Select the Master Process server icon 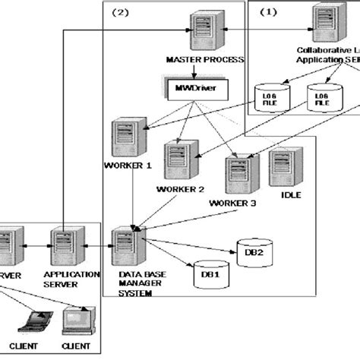point(201,30)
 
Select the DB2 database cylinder point(249,251)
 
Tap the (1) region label point(270,11)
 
